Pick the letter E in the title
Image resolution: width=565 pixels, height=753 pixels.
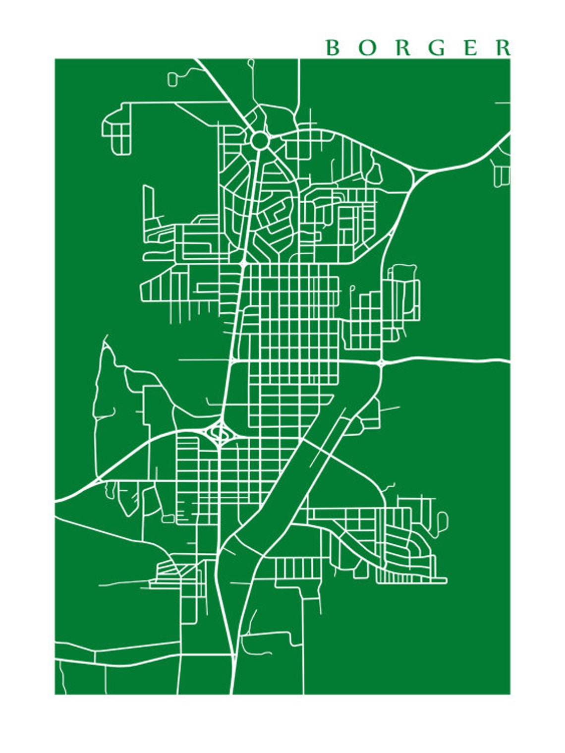point(471,48)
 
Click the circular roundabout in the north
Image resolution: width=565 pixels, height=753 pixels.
point(260,140)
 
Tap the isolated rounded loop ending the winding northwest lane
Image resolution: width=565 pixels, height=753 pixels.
point(172,79)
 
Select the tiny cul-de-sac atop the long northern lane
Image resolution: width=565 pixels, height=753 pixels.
point(251,62)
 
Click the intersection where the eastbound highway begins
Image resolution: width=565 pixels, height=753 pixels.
point(381,362)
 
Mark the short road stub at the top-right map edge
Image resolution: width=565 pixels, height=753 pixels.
point(503,103)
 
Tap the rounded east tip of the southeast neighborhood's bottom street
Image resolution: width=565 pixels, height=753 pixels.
point(445,580)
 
